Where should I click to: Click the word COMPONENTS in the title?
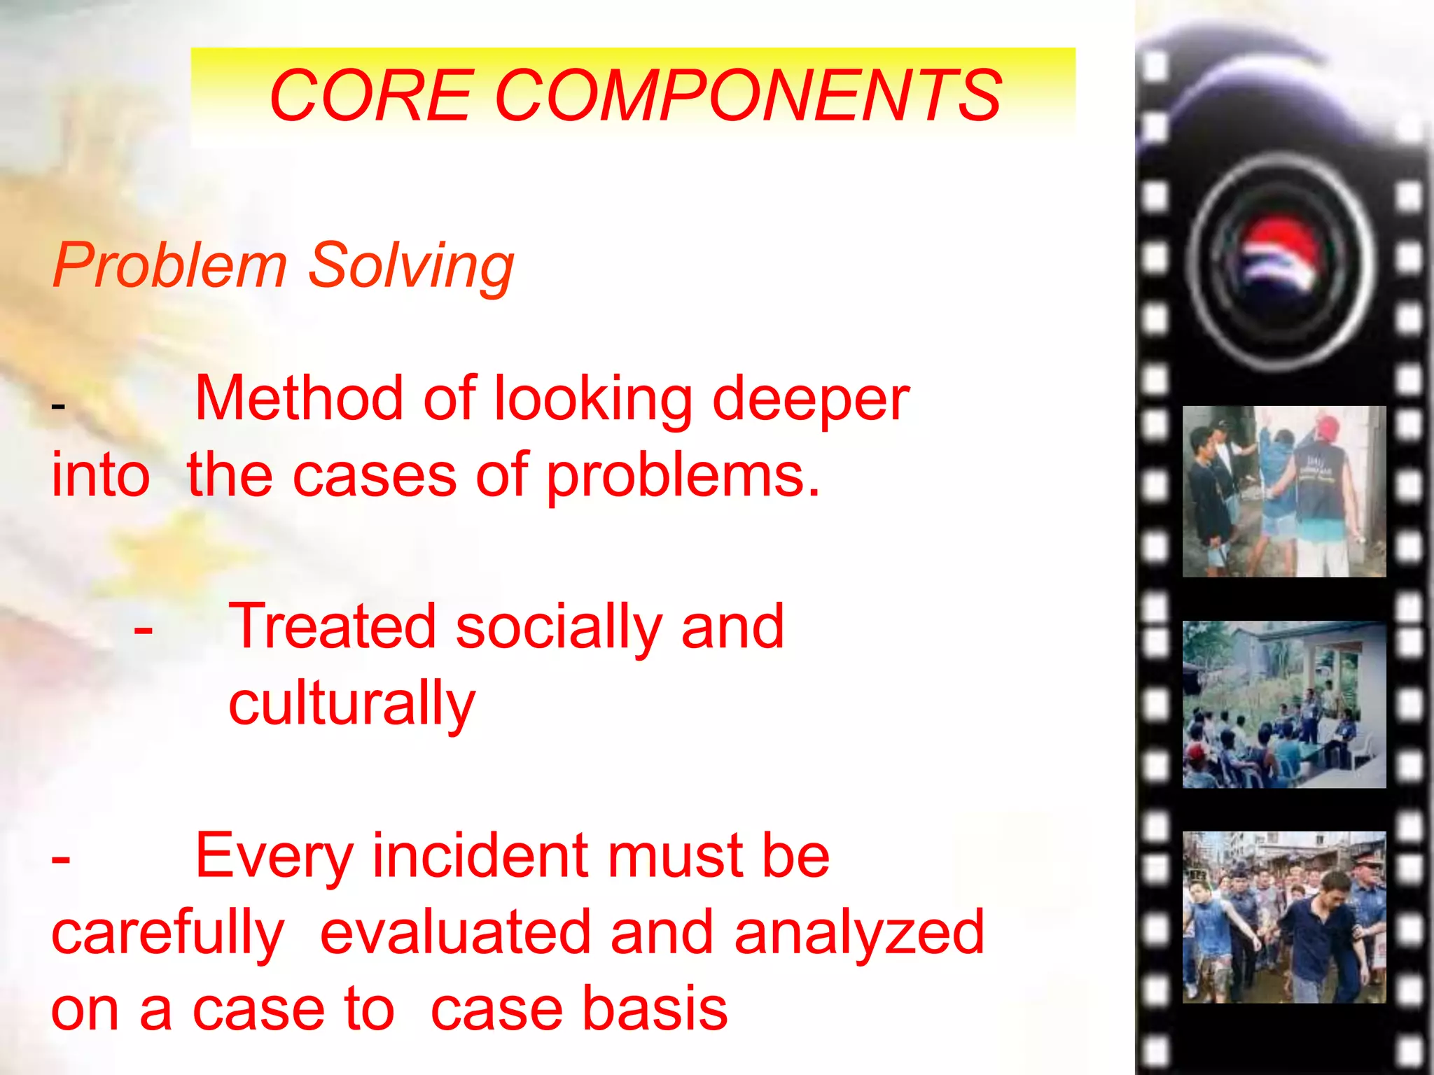click(749, 95)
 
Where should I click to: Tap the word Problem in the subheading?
click(169, 265)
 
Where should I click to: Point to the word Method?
click(300, 398)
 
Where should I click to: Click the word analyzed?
click(859, 933)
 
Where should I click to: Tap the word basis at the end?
click(655, 1009)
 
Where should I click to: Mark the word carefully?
click(168, 933)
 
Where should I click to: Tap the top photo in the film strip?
click(1283, 491)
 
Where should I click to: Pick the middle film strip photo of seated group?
click(1283, 704)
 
